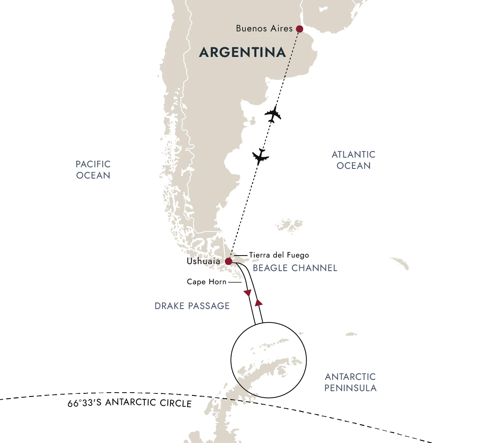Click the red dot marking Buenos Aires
299,29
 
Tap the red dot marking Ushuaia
229,261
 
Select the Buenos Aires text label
264,29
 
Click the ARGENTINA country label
242,52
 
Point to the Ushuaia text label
203,261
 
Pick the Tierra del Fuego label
279,255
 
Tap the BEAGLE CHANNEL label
295,268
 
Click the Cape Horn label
207,282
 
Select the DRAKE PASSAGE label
192,306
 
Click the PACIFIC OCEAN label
93,170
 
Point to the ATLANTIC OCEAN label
354,160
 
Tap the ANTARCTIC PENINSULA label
350,382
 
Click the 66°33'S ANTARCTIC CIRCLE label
129,403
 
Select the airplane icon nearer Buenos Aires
273,114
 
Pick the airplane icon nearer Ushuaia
261,156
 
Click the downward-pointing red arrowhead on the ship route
247,293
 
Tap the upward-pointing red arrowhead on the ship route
259,302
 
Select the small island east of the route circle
351,334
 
